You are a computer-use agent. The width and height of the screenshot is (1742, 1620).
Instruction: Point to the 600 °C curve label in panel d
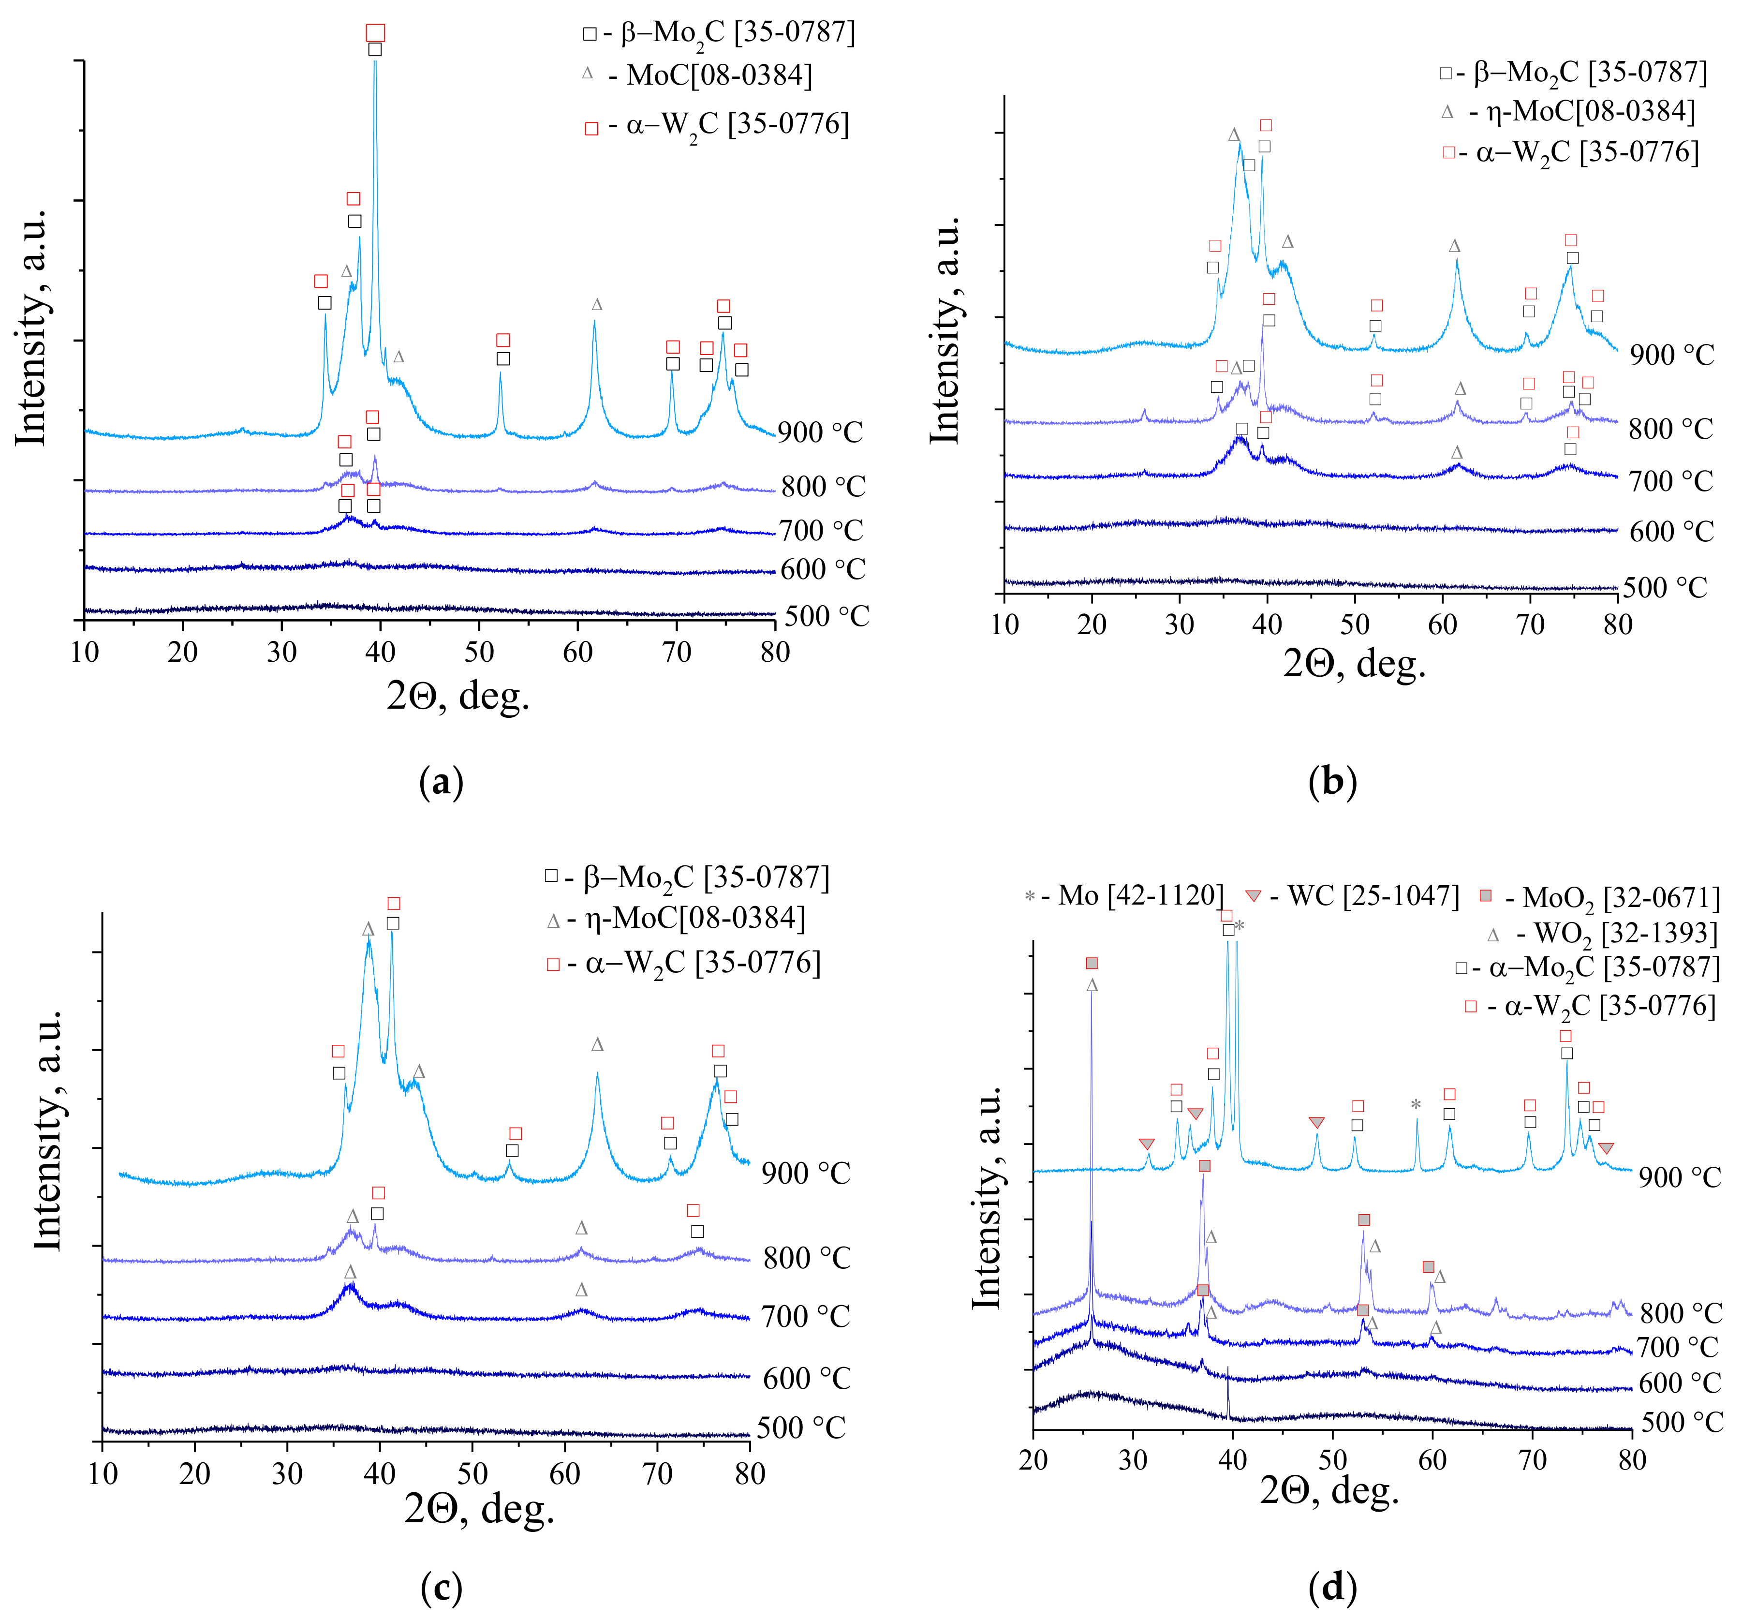[x=1680, y=1383]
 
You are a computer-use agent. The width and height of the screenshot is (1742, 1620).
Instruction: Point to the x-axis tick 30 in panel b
[x=1180, y=625]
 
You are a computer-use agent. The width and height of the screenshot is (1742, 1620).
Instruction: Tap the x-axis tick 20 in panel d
[x=1034, y=1460]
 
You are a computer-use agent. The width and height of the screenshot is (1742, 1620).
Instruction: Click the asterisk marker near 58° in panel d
[x=1416, y=1104]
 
